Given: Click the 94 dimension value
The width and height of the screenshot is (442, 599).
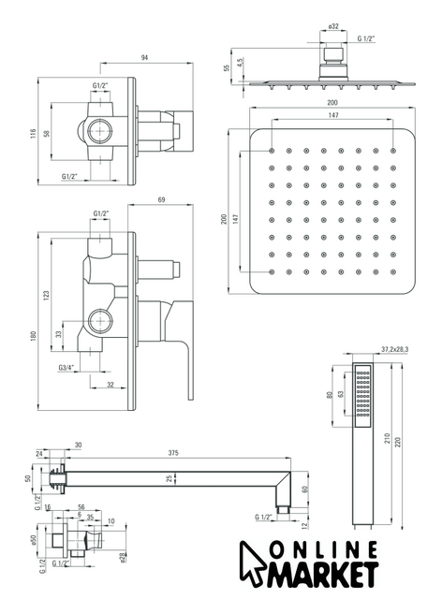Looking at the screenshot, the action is click(x=144, y=58).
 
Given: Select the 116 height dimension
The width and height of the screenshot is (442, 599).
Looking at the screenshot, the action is click(x=34, y=133).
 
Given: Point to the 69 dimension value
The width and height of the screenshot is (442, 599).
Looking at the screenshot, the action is click(x=161, y=199).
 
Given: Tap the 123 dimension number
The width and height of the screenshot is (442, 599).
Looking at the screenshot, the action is click(x=47, y=296).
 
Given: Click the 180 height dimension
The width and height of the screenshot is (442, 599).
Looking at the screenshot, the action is click(x=34, y=336).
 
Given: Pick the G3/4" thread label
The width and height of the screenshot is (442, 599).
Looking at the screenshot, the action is click(x=66, y=368).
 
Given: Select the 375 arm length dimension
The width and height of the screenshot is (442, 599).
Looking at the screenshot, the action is click(x=173, y=453).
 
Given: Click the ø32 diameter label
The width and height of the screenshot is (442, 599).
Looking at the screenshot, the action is click(x=333, y=26).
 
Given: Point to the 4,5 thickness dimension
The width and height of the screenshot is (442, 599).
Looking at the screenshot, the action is click(x=240, y=63).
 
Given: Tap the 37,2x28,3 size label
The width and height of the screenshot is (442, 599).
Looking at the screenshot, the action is click(x=395, y=349).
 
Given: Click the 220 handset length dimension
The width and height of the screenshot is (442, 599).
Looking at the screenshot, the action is click(x=398, y=443).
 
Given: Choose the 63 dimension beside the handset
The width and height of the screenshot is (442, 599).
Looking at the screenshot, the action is click(x=341, y=394).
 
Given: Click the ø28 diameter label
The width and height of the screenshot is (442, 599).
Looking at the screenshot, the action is click(x=122, y=558).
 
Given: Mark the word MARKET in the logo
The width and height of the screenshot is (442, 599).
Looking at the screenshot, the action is click(x=322, y=575).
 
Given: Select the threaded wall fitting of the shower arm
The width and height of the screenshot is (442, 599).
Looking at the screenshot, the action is click(x=56, y=475).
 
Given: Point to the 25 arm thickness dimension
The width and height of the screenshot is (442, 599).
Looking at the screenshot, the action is click(x=170, y=478).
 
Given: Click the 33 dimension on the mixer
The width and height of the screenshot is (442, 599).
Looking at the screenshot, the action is click(x=58, y=334).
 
